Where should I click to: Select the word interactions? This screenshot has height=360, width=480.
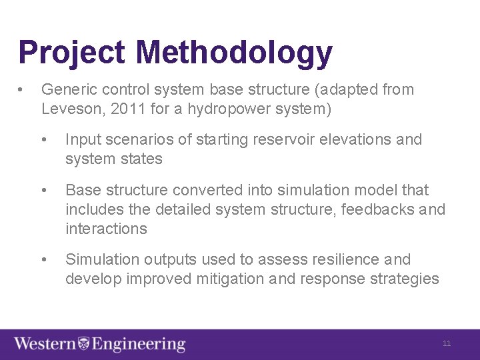(x=106, y=229)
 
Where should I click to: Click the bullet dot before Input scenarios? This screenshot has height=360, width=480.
(x=43, y=140)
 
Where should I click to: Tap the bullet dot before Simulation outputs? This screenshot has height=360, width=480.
(x=43, y=260)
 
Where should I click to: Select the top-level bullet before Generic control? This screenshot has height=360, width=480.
(x=22, y=90)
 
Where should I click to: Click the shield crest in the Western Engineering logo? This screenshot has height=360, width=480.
(x=84, y=344)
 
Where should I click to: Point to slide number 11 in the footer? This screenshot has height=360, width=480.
(x=447, y=344)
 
